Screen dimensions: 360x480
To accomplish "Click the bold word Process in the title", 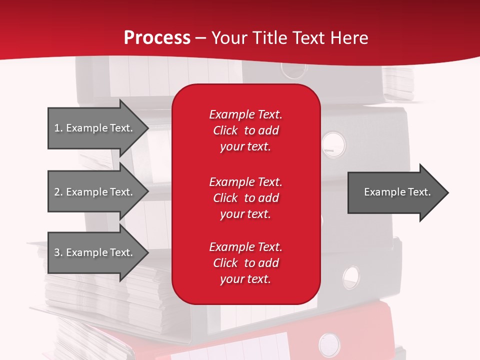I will pos(157,38).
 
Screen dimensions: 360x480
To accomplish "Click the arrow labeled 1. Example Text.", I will pos(95,128).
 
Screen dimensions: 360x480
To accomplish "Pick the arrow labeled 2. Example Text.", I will pos(95,192).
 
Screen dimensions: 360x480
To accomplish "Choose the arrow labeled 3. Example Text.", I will pos(95,252).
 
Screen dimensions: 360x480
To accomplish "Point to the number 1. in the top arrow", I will pos(58,128).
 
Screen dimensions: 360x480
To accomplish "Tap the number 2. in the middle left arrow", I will pos(58,192).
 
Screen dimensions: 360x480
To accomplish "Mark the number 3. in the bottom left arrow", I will pos(58,252).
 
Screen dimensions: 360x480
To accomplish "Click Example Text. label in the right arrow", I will pos(397,192).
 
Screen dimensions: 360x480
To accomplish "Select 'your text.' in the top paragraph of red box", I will pos(245,147).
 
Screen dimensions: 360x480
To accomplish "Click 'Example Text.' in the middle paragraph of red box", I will pos(245,181).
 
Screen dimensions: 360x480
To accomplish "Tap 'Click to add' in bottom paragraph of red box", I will pos(245,263).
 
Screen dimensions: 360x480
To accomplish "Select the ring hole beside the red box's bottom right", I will pos(351,276).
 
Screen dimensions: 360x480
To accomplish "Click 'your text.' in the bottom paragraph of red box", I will pos(245,279).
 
